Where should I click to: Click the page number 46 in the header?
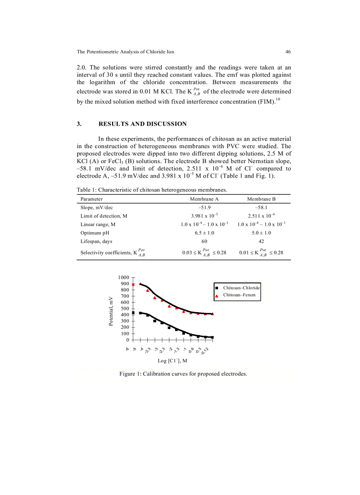(x=288, y=52)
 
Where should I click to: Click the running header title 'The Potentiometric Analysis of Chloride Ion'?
(x=125, y=52)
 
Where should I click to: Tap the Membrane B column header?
(x=261, y=199)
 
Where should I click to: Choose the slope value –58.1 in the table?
(x=261, y=208)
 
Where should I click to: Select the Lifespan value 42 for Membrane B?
(x=261, y=241)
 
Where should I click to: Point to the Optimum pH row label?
(x=94, y=233)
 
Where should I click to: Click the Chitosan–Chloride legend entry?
(x=241, y=288)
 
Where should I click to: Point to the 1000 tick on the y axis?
(x=124, y=277)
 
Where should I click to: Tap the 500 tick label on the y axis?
(x=125, y=309)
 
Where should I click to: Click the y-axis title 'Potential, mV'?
(x=111, y=312)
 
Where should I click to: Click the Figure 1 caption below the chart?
(x=183, y=374)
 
